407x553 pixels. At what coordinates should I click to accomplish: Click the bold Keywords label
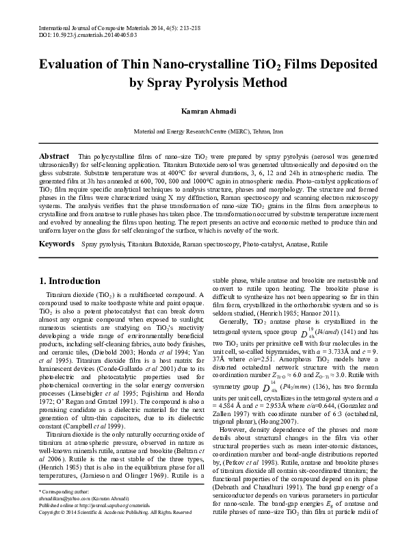tap(56, 244)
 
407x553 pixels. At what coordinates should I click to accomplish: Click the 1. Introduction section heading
tap(70, 281)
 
